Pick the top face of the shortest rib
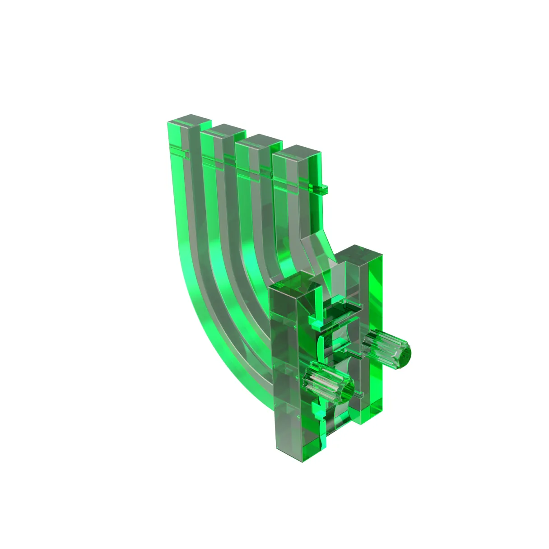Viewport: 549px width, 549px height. coord(296,153)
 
